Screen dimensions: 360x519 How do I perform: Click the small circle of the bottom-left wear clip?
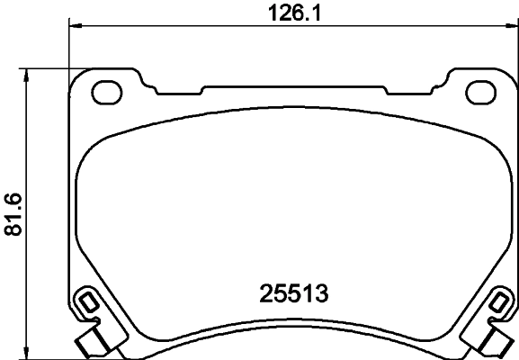(87, 301)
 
